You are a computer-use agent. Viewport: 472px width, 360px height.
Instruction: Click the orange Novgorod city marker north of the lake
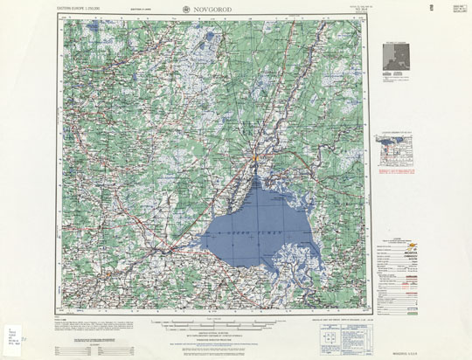point(253,157)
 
